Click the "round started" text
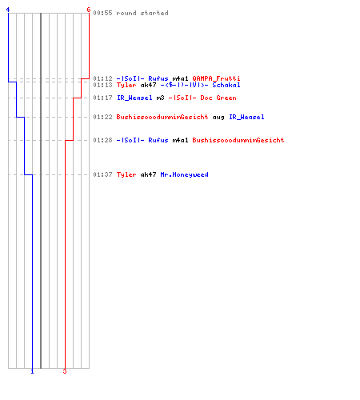pos(142,13)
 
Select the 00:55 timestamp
pos(102,13)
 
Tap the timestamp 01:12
pos(102,78)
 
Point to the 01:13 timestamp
pos(102,85)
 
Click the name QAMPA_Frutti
pos(216,78)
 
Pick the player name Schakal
pos(226,85)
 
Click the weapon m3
pos(160,98)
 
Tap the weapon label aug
pos(218,118)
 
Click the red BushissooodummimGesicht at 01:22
pos(162,117)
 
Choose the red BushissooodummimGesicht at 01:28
pos(238,140)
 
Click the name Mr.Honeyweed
pos(184,174)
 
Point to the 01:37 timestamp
pos(102,174)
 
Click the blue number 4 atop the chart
pos(8,10)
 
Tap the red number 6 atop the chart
pos(89,10)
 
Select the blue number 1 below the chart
pos(32,371)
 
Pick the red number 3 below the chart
pos(65,371)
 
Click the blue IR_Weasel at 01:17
pos(134,98)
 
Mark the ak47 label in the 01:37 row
pos(148,174)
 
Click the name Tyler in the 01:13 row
pos(126,85)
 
